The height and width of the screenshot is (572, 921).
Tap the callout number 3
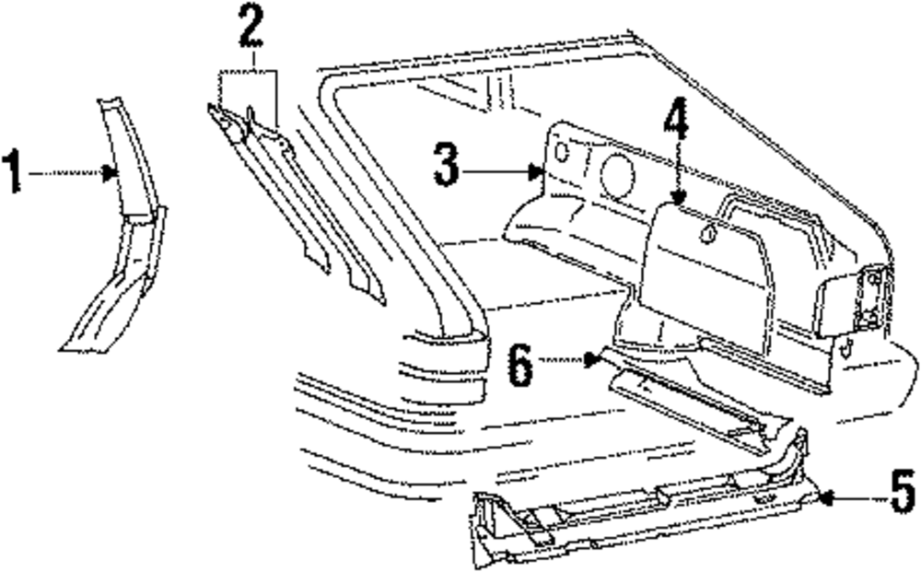(x=446, y=167)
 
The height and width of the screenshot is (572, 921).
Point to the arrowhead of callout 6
(x=594, y=360)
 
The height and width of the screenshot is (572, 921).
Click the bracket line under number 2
(x=249, y=72)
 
